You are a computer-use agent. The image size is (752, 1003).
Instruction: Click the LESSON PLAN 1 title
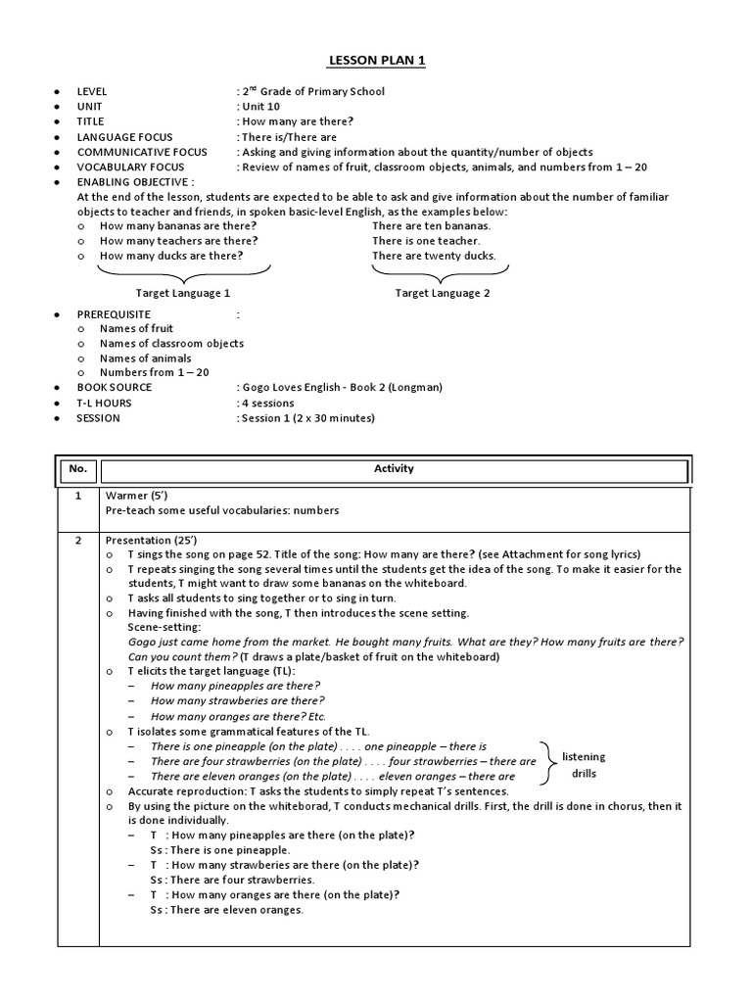click(376, 62)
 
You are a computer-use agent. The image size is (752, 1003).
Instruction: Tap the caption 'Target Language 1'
click(183, 293)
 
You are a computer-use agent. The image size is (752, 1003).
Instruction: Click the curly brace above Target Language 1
click(184, 271)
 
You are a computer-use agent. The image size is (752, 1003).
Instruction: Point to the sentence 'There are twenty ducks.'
click(434, 257)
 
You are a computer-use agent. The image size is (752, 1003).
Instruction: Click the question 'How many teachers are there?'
click(179, 241)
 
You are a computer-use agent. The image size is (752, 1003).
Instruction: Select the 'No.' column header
click(78, 469)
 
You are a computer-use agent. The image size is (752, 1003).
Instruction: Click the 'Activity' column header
click(394, 469)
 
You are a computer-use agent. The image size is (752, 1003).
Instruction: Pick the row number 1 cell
click(78, 497)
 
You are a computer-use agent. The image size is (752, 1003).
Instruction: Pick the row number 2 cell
click(78, 541)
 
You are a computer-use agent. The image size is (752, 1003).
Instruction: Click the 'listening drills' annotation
click(584, 765)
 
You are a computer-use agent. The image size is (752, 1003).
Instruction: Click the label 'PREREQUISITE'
click(115, 313)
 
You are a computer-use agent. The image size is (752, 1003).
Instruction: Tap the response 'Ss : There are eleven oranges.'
click(226, 910)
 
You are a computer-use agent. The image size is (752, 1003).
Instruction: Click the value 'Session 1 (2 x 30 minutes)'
click(306, 418)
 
